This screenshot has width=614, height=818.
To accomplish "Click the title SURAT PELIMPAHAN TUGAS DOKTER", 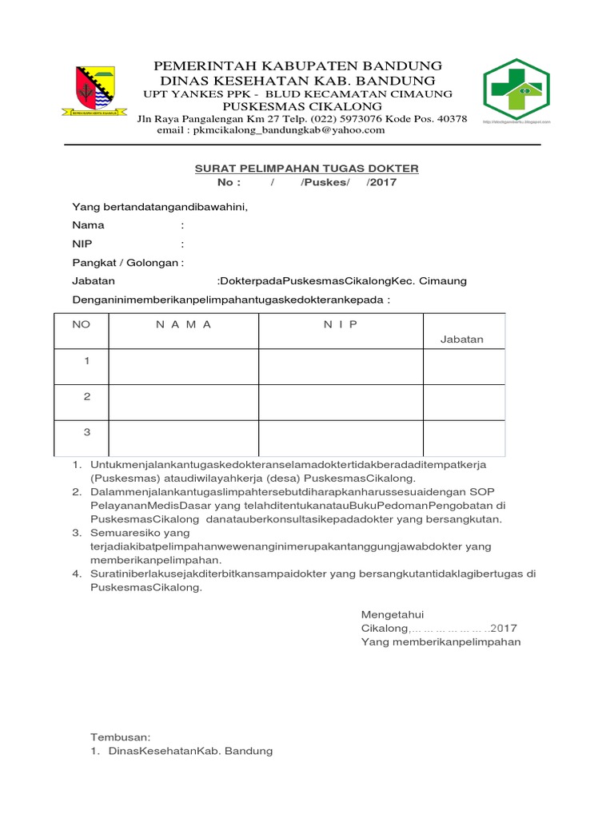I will (x=307, y=169).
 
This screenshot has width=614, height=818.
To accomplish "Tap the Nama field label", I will (x=88, y=225).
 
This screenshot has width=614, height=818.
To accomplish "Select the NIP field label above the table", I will (x=82, y=244).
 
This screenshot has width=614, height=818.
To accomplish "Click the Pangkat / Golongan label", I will (x=126, y=263).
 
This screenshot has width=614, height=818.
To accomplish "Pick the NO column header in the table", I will (x=82, y=324).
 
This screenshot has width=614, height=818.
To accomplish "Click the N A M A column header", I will (x=184, y=324).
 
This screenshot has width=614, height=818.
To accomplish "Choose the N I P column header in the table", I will (x=341, y=324).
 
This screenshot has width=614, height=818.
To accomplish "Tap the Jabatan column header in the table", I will (x=462, y=339).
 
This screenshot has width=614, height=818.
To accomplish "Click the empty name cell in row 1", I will (x=184, y=367).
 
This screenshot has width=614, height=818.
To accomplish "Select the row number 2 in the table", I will (x=87, y=397).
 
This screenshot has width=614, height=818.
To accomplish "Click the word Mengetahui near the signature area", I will (x=392, y=614).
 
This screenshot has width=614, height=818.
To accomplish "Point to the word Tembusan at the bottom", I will (x=120, y=737).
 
